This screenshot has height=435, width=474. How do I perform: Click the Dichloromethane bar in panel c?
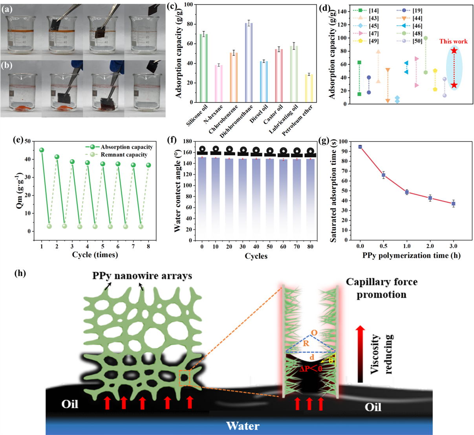point(249,63)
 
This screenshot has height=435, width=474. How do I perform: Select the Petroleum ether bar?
point(309,88)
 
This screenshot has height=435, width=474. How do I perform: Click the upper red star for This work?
point(454,51)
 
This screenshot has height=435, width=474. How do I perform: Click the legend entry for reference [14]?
point(368,11)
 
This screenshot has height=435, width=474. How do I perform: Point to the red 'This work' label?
point(453,41)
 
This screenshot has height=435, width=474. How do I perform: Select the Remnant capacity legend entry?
point(124,155)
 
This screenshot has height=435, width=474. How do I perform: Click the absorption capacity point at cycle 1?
point(42,150)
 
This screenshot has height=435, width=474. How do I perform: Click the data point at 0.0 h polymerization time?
point(360,147)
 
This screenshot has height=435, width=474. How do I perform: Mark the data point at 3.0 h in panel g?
point(453,204)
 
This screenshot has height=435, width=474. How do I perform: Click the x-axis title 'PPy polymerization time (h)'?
point(411,256)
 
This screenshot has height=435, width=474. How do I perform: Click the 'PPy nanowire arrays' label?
point(142,276)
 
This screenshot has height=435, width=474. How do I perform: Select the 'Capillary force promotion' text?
point(381,288)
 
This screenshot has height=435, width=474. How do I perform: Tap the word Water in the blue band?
point(243,426)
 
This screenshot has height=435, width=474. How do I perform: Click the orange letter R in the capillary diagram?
point(306,344)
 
